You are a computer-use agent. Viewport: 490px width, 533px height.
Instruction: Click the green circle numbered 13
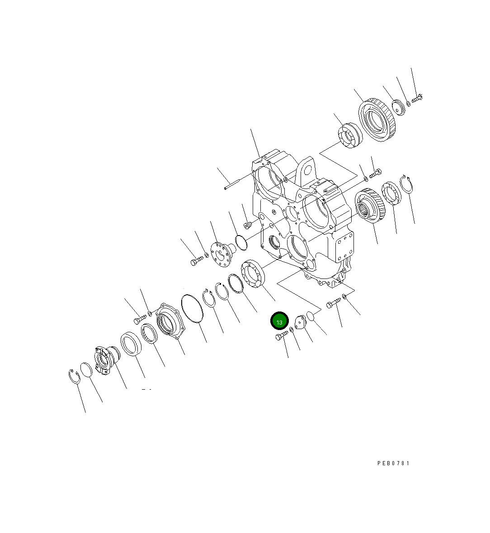tap(279, 321)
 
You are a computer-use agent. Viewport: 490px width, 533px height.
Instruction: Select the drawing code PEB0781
tap(393, 463)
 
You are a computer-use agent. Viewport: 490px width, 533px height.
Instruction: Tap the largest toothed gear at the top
tap(377, 121)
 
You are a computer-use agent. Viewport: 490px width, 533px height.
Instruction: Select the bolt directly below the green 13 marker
tap(282, 335)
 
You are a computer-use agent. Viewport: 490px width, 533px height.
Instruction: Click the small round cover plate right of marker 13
tap(298, 323)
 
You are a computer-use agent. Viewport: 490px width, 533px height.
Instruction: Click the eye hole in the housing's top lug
tap(309, 171)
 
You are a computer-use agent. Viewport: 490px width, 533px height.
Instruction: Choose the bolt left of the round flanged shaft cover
tap(196, 261)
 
